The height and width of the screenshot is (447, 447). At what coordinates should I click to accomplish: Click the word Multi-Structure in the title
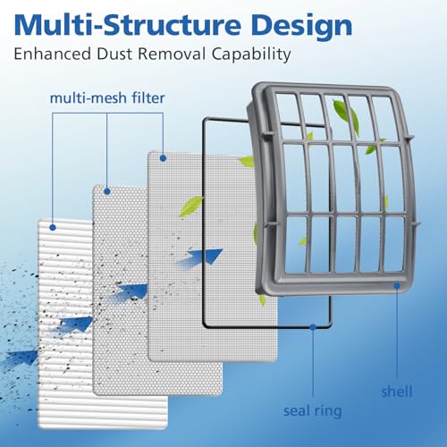[x=127, y=25]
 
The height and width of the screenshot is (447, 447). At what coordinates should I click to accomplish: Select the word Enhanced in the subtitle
[x=53, y=54]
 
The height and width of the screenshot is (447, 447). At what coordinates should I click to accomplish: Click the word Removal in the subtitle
[x=172, y=54]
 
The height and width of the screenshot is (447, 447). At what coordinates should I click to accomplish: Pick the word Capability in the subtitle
[x=251, y=55]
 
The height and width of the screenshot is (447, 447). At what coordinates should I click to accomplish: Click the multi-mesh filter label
[x=107, y=98]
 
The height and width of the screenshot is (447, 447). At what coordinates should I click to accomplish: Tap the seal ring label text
[x=313, y=411]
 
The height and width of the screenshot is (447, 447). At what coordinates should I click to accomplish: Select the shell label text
[x=397, y=392]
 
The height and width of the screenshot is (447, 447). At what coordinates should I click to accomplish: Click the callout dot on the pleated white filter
[x=53, y=228]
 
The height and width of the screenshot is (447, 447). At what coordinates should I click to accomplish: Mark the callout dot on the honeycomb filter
[x=107, y=191]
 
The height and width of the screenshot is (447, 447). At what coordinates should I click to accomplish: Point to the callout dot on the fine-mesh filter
[x=163, y=158]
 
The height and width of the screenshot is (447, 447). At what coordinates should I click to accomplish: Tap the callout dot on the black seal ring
[x=313, y=327]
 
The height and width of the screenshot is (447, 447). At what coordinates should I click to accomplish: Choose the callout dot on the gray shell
[x=397, y=286]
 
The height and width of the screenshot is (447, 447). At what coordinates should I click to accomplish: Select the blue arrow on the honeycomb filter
[x=130, y=292]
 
